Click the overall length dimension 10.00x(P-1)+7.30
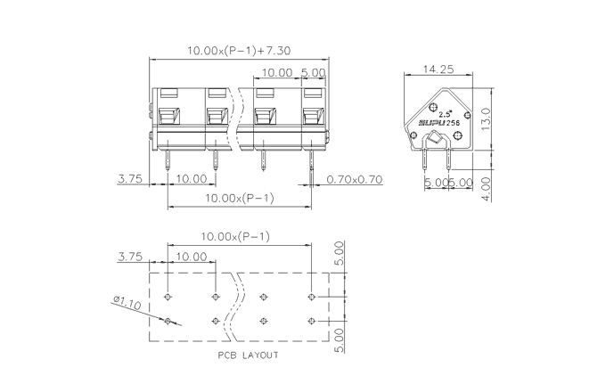pos(239,51)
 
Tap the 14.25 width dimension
pos(438,69)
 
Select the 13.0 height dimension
pos(487,119)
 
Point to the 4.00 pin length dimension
pos(487,189)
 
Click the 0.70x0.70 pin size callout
pos(355,179)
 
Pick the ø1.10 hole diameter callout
pos(127,303)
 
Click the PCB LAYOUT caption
pos(248,355)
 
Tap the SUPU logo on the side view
pos(431,123)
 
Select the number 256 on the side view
pos(453,123)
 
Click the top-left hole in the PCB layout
pos(168,297)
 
